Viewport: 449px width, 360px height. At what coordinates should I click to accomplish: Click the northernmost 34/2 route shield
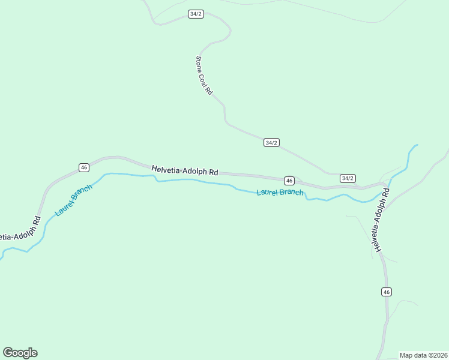pyautogui.click(x=195, y=14)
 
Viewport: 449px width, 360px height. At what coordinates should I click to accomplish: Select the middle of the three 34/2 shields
pyautogui.click(x=271, y=142)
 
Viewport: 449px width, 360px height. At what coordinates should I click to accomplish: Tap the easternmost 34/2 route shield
pyautogui.click(x=348, y=178)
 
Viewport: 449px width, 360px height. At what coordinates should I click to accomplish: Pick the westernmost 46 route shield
pyautogui.click(x=84, y=167)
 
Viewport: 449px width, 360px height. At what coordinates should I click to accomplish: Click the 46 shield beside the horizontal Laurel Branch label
pyautogui.click(x=289, y=181)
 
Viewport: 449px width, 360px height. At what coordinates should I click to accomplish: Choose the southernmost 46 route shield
pyautogui.click(x=386, y=292)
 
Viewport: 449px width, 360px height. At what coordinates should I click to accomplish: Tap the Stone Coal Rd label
pyautogui.click(x=203, y=76)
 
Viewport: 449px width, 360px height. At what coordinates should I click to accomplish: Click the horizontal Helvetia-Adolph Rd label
pyautogui.click(x=184, y=170)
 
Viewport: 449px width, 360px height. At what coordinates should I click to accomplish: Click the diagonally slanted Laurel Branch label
pyautogui.click(x=73, y=200)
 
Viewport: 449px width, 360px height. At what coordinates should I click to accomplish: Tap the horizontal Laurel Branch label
pyautogui.click(x=280, y=193)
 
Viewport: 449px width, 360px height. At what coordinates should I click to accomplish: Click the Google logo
pyautogui.click(x=20, y=353)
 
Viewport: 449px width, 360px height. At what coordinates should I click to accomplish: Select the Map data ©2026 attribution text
pyautogui.click(x=423, y=355)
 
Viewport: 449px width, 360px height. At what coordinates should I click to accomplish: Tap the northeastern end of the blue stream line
pyautogui.click(x=417, y=145)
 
